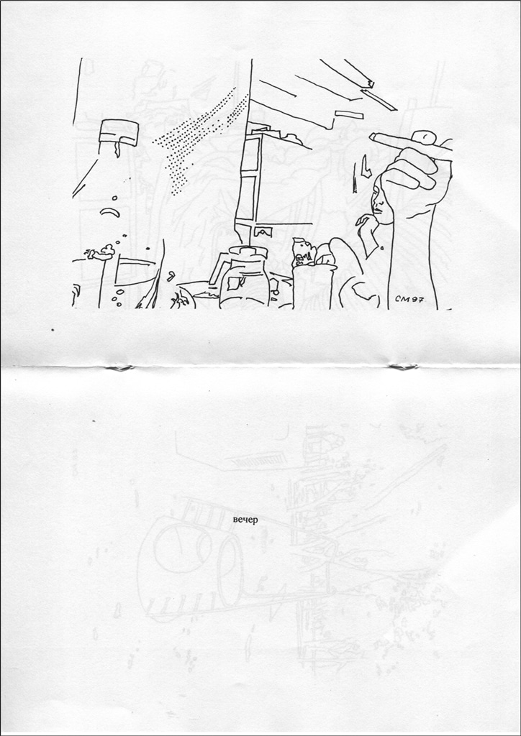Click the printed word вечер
tap(245, 520)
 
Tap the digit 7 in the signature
tap(420, 299)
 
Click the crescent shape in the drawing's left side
tap(109, 212)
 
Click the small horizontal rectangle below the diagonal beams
tap(349, 114)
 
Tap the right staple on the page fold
tap(404, 367)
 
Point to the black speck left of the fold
tap(53, 330)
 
